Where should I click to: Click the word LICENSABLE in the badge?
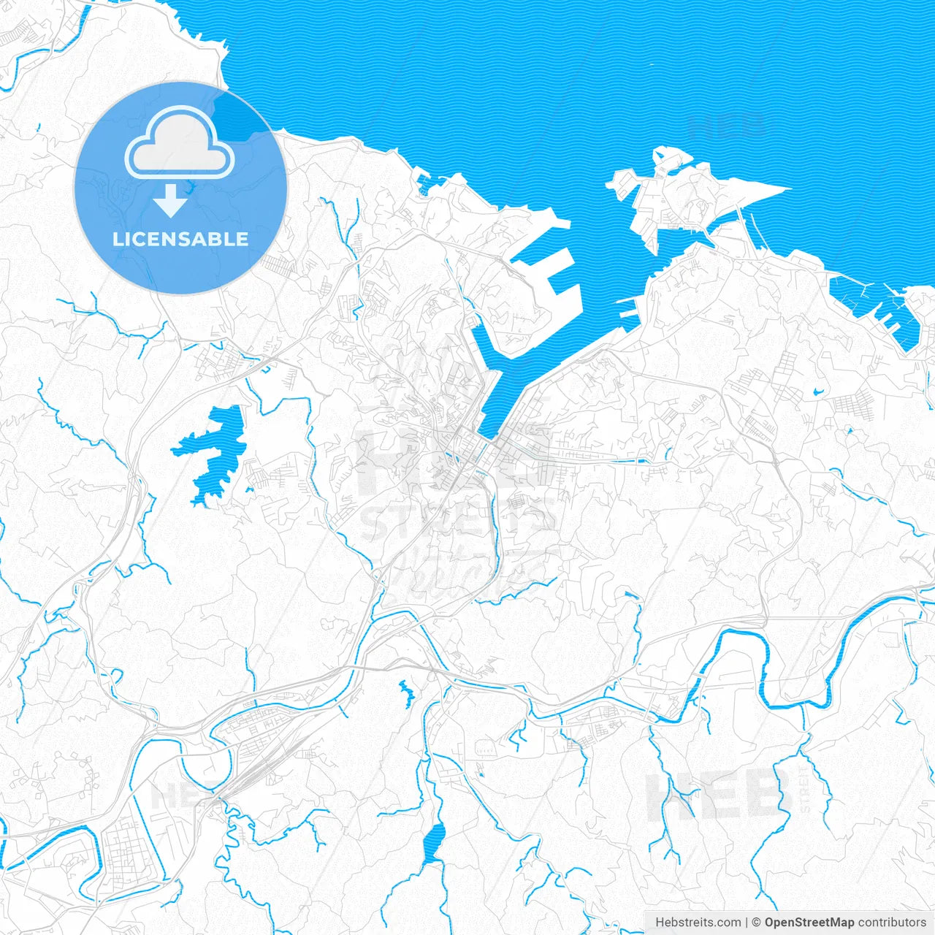(x=180, y=239)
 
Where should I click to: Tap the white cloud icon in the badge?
(x=180, y=145)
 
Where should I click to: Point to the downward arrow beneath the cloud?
(x=170, y=201)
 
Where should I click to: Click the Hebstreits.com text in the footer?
(x=698, y=923)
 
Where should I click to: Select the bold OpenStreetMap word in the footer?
(x=809, y=923)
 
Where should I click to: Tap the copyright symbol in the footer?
(x=756, y=923)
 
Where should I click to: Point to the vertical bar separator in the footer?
(x=747, y=923)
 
